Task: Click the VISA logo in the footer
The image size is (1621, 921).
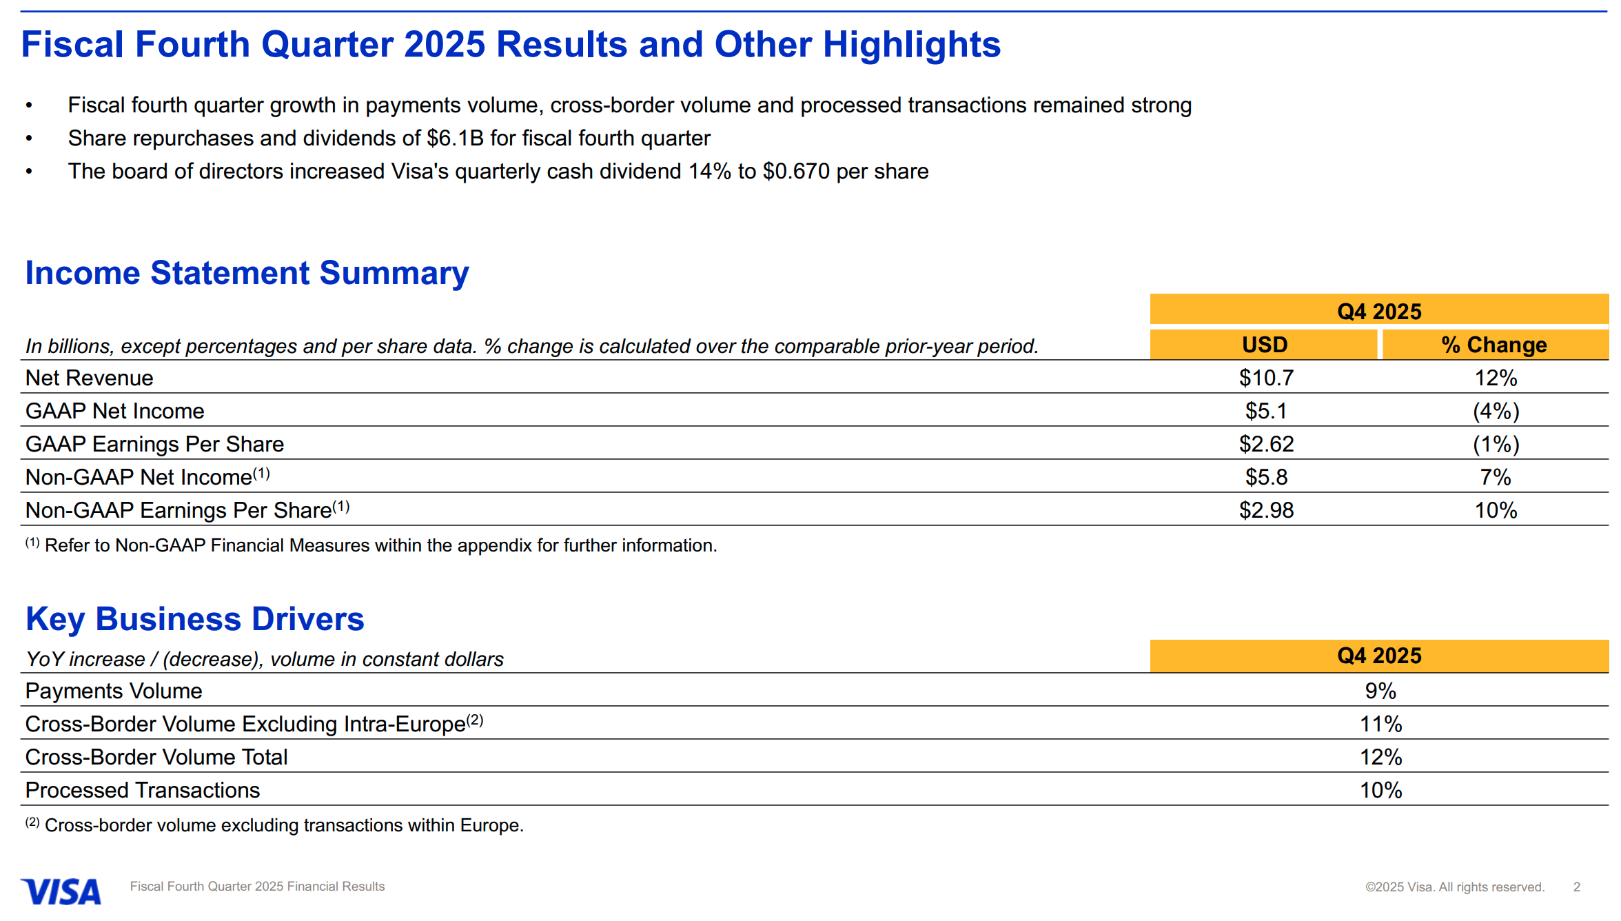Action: click(x=61, y=891)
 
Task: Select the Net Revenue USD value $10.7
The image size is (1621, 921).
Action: click(x=1266, y=378)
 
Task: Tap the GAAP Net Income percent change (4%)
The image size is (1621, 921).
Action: click(x=1496, y=411)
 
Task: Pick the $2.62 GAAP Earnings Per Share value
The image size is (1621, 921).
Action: click(x=1266, y=444)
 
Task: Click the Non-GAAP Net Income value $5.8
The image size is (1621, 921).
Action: click(x=1266, y=477)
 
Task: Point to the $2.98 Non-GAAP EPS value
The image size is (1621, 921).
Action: click(x=1266, y=510)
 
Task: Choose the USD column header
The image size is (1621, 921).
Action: click(x=1264, y=345)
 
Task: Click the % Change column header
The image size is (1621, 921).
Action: click(x=1493, y=345)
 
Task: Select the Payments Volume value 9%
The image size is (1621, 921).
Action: click(x=1380, y=691)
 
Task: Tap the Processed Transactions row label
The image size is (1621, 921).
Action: click(x=143, y=790)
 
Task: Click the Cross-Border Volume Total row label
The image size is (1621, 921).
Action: click(x=156, y=757)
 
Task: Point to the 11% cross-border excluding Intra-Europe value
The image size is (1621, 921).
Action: click(x=1380, y=724)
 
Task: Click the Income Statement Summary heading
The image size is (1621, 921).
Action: click(x=247, y=273)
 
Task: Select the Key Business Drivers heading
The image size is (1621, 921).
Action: click(x=194, y=619)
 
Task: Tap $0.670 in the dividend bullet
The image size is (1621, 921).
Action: click(x=795, y=172)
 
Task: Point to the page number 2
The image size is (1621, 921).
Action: click(x=1576, y=887)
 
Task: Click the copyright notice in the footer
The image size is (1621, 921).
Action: click(x=1454, y=887)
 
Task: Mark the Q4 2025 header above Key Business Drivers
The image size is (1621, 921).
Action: click(x=1379, y=656)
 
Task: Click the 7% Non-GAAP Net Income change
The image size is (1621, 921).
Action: click(x=1496, y=477)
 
